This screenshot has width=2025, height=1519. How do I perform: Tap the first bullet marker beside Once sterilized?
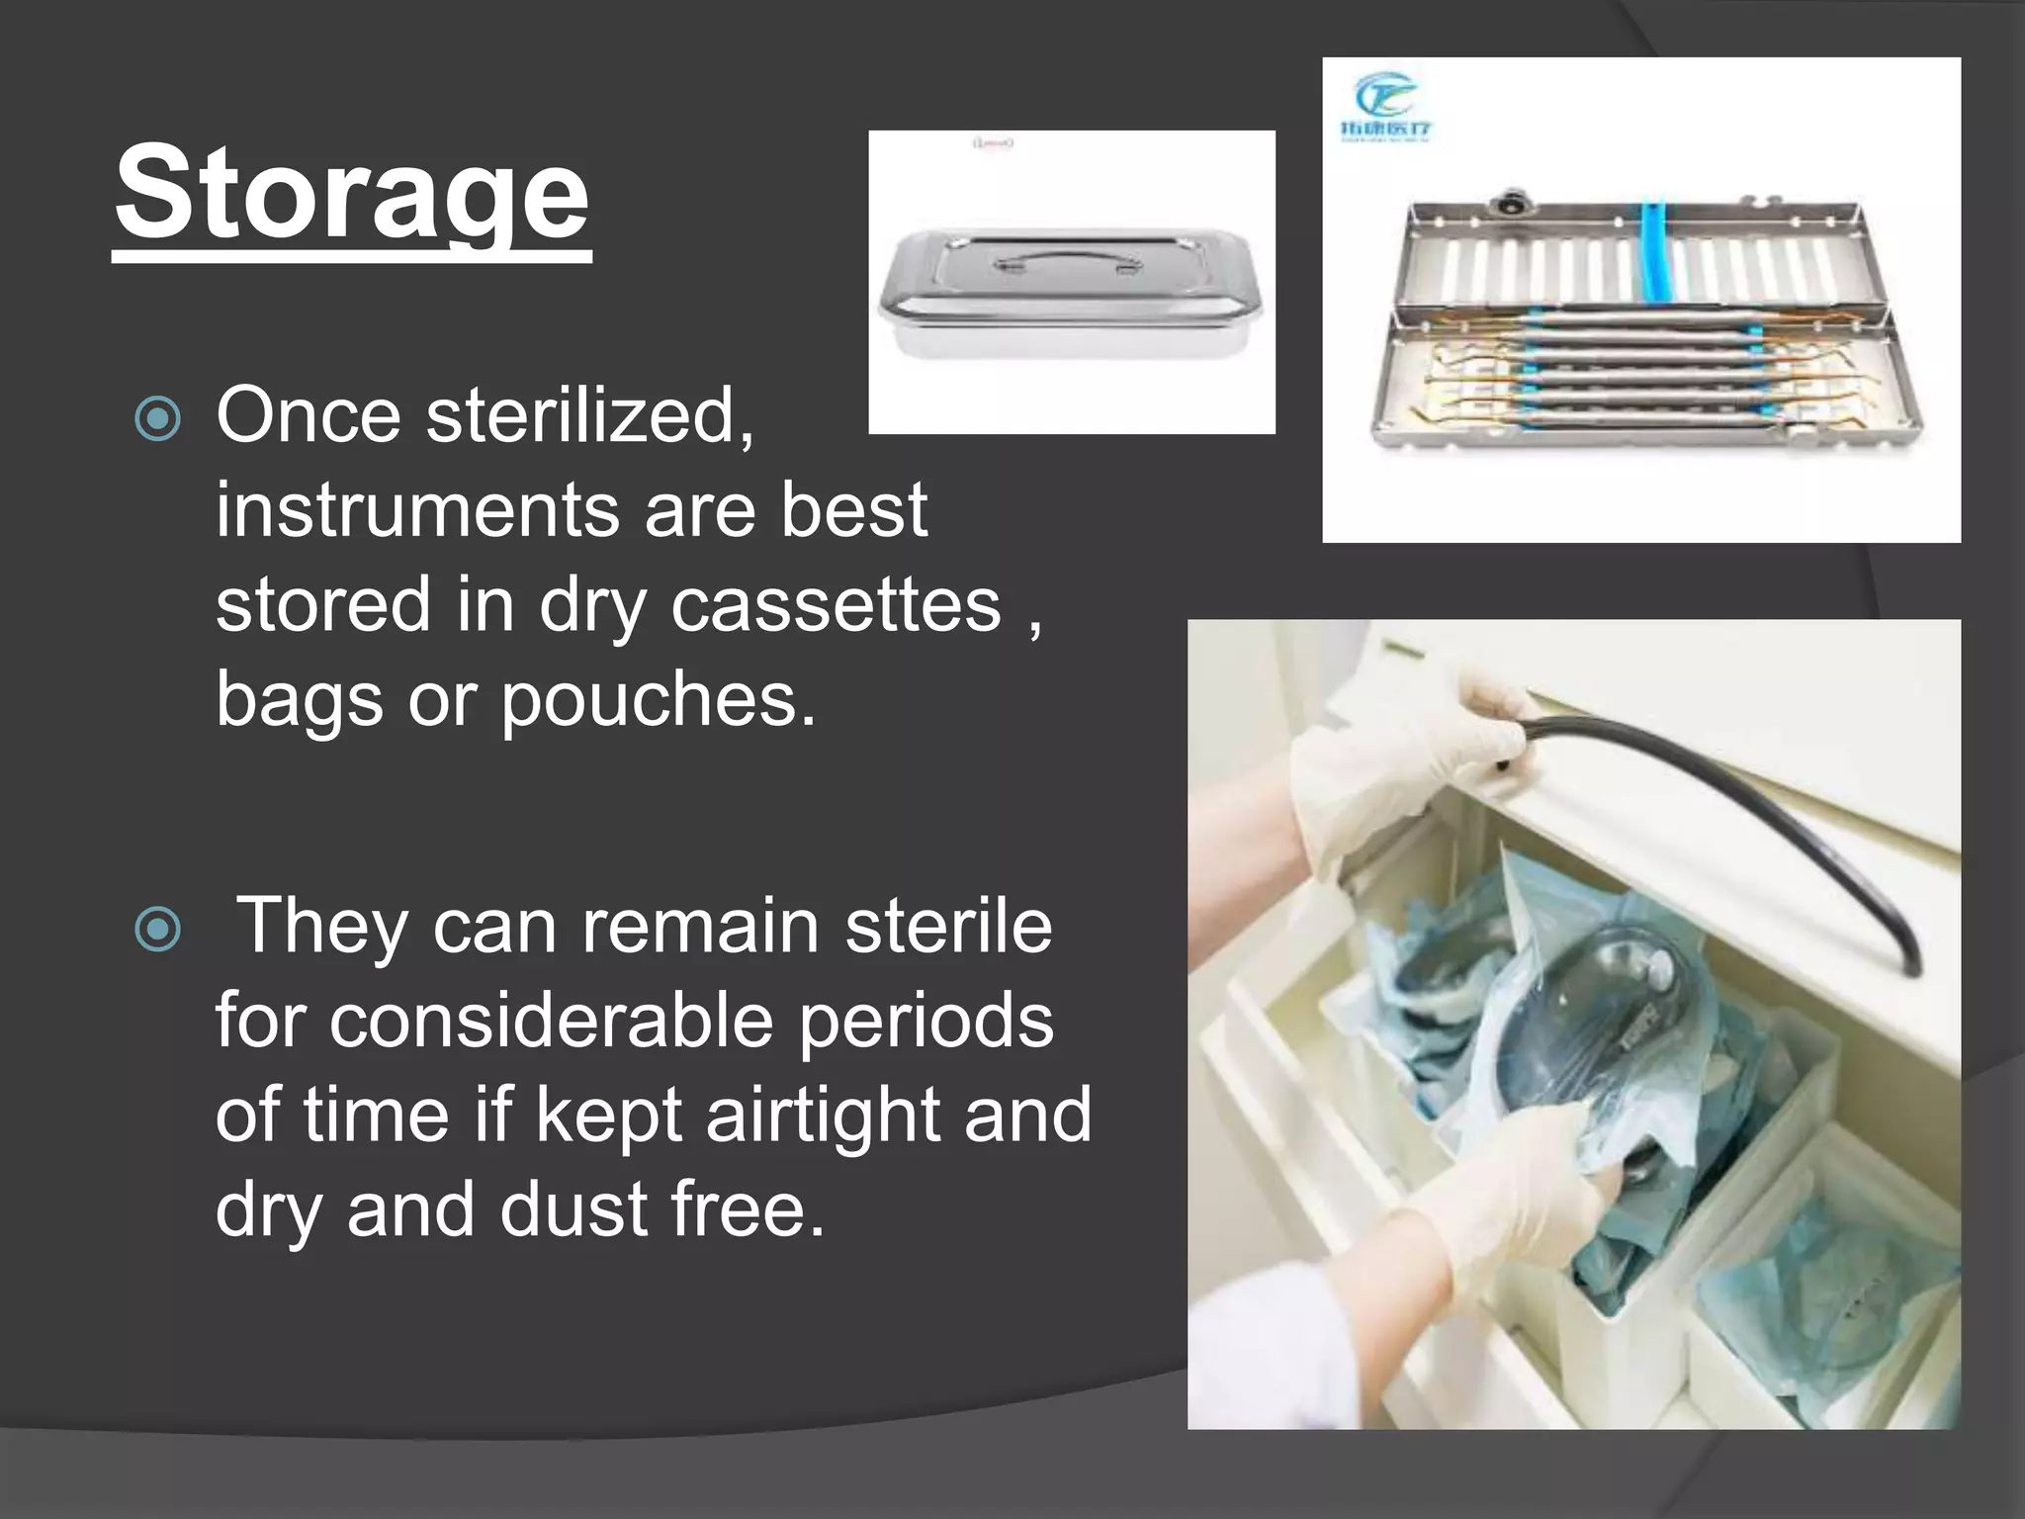point(158,418)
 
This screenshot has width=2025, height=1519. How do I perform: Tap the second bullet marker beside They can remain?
point(158,930)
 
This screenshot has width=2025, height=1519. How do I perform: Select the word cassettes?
point(836,605)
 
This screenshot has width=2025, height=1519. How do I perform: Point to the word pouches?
point(659,700)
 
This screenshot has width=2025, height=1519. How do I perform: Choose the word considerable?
point(551,1022)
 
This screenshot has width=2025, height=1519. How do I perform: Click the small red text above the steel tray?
point(993,144)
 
